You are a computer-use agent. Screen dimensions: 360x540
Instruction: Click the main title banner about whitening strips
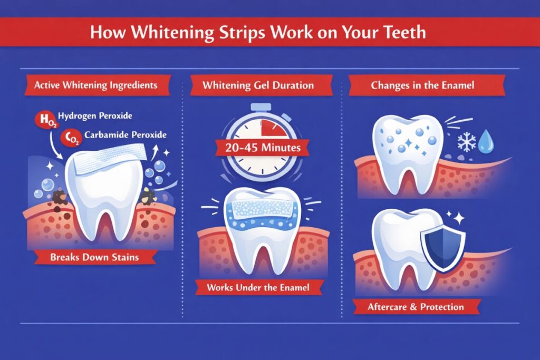tap(269, 33)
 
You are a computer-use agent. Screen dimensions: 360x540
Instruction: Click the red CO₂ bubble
tap(69, 138)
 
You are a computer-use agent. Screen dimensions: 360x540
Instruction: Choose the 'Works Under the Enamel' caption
tap(258, 288)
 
